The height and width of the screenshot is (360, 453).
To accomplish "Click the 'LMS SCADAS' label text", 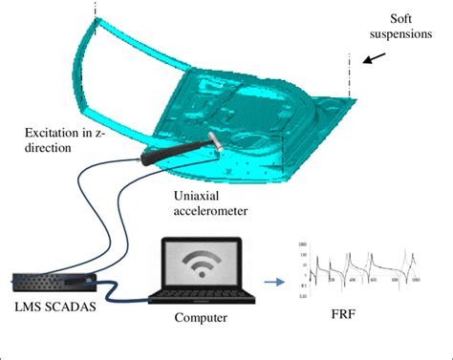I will pyautogui.click(x=48, y=307).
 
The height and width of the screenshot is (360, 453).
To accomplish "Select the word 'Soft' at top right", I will pyautogui.click(x=405, y=19).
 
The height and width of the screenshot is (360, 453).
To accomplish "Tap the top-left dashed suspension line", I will pyautogui.click(x=96, y=11).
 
